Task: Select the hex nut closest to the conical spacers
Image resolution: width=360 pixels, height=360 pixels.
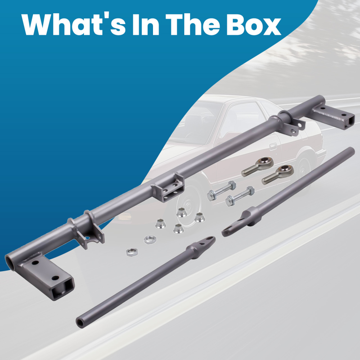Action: coord(150,239)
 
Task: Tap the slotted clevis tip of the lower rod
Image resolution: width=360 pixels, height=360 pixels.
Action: coord(208,241)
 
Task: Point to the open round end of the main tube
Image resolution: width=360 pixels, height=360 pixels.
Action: coord(10,263)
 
